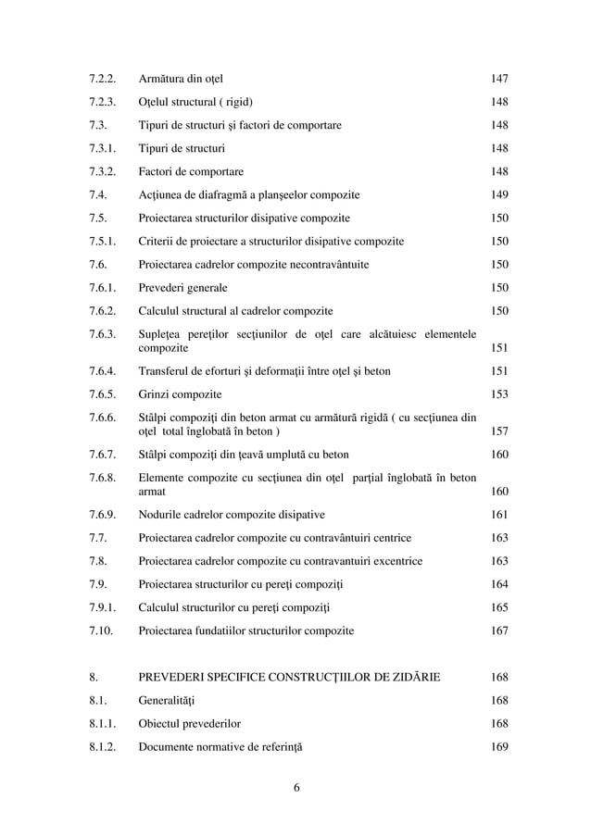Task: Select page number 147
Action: point(499,78)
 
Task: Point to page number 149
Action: point(499,194)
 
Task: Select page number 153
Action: point(499,394)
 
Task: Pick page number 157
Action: point(499,431)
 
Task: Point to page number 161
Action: point(499,515)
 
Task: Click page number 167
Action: point(499,630)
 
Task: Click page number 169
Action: point(499,746)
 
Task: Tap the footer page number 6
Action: point(295,788)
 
